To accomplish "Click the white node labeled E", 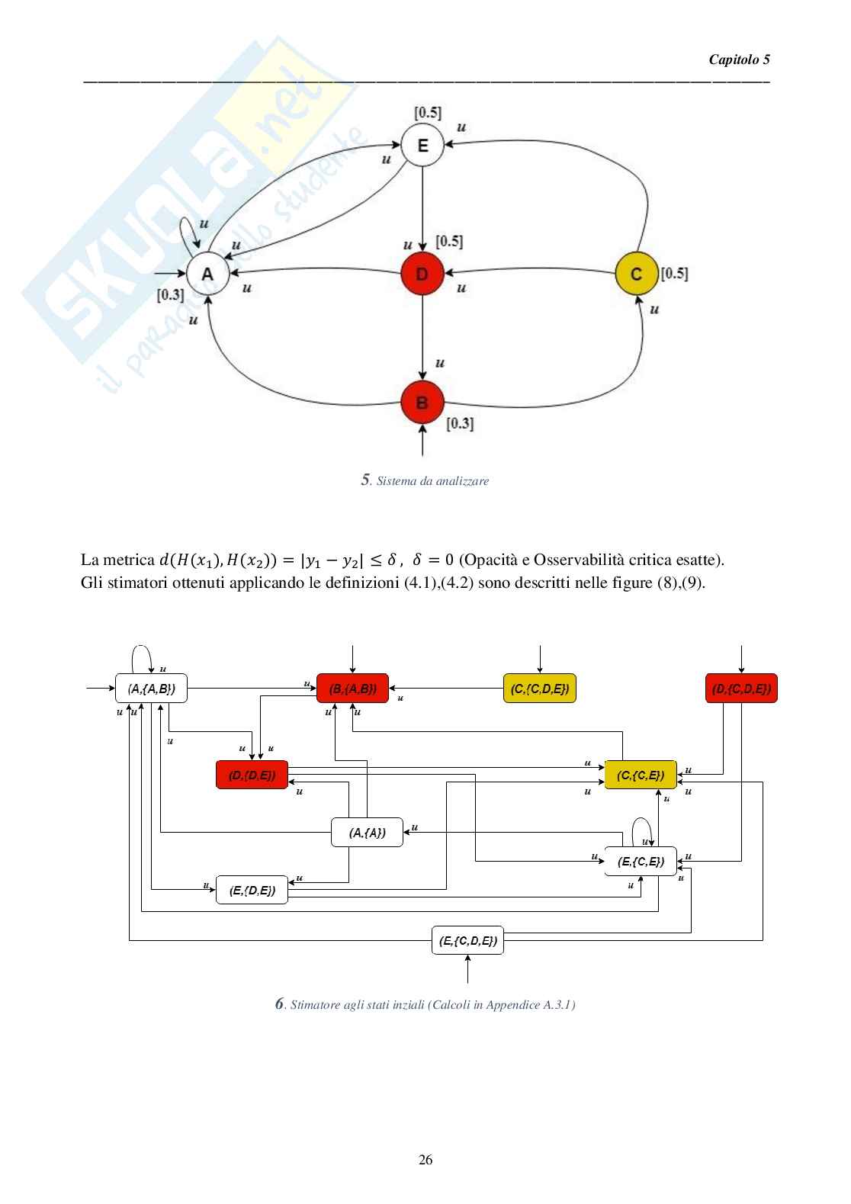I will click(x=422, y=145).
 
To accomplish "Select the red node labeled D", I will click(x=422, y=274).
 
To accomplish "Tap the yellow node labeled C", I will click(x=636, y=274).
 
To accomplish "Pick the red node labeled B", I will click(x=422, y=402).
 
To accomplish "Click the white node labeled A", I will click(x=208, y=274).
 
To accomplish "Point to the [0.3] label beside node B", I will click(x=459, y=423).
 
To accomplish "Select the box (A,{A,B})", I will click(x=151, y=689).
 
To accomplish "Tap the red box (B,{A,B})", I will click(x=352, y=689).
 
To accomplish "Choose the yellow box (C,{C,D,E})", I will click(x=540, y=689).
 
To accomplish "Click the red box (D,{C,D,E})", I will click(x=741, y=689).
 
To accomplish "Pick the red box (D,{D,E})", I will click(x=252, y=775).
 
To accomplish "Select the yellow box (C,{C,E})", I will click(x=641, y=775).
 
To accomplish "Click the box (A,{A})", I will click(x=367, y=832).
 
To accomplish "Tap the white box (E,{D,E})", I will click(x=252, y=889).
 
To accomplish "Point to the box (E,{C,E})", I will click(x=641, y=862).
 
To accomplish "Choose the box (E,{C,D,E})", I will click(x=467, y=940).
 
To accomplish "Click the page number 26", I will click(x=425, y=1160).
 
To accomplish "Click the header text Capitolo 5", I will click(x=739, y=59).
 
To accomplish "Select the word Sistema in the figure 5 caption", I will click(x=394, y=481).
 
